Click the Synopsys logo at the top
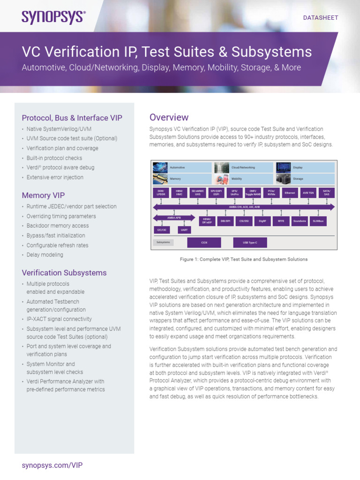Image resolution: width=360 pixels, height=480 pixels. (53, 17)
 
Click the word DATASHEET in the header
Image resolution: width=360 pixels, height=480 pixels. (321, 18)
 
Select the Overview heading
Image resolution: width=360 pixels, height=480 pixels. (169, 117)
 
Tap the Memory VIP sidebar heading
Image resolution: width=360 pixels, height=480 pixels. (43, 195)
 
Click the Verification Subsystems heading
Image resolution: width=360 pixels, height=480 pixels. (64, 272)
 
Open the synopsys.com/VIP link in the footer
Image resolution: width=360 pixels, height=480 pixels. (52, 465)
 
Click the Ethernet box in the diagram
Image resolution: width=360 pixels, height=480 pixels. (290, 193)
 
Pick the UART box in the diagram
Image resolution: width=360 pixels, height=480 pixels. (184, 230)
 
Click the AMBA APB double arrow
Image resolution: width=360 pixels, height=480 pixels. (174, 217)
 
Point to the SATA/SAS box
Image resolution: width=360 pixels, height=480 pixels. (327, 193)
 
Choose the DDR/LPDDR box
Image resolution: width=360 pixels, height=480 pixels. (160, 193)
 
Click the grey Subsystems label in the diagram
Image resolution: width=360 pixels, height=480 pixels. (163, 242)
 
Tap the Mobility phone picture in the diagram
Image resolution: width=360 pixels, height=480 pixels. (221, 179)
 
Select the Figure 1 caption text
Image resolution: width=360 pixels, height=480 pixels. (243, 259)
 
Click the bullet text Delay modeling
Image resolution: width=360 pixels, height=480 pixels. (45, 255)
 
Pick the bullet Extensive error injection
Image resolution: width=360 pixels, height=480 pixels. (55, 177)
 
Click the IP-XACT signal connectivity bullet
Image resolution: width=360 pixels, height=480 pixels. (59, 319)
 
